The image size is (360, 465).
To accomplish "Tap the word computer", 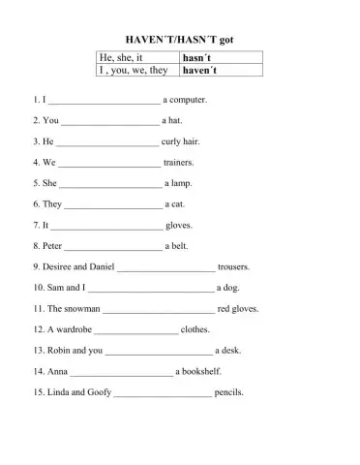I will coord(190,100).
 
